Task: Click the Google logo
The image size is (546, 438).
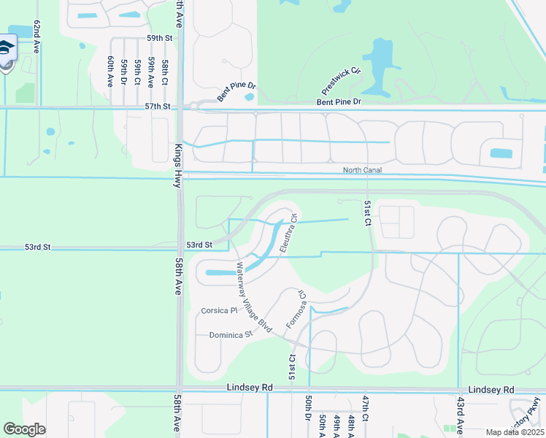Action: (x=24, y=429)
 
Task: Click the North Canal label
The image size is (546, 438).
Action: (x=363, y=170)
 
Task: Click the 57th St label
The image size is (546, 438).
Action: (x=157, y=106)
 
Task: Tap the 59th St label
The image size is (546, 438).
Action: (x=160, y=37)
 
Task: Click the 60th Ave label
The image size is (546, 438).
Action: (x=110, y=72)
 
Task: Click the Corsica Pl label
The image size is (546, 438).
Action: (x=220, y=310)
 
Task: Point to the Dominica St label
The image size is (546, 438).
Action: (x=230, y=334)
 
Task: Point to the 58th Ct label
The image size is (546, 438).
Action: (x=166, y=71)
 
